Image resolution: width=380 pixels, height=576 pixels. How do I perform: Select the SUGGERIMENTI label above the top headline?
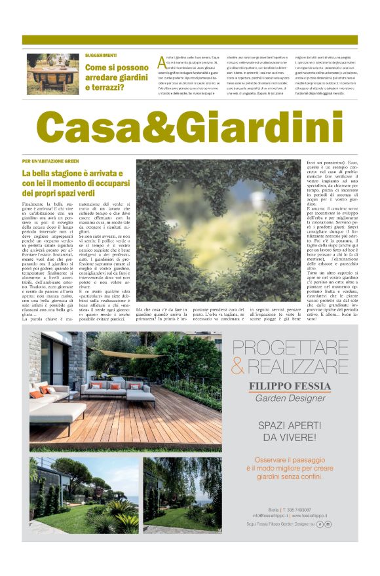pos(100,56)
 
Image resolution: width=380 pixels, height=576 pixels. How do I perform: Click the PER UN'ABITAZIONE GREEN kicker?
pos(50,161)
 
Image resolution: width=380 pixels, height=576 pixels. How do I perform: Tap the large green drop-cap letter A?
pos(163,62)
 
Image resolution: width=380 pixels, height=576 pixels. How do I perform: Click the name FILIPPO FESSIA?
pos(290,385)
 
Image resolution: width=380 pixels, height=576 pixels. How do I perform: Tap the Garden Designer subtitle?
pos(290,398)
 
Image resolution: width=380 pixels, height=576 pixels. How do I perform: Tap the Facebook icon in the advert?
pos(320,524)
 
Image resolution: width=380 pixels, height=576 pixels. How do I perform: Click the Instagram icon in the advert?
pos(328,524)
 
